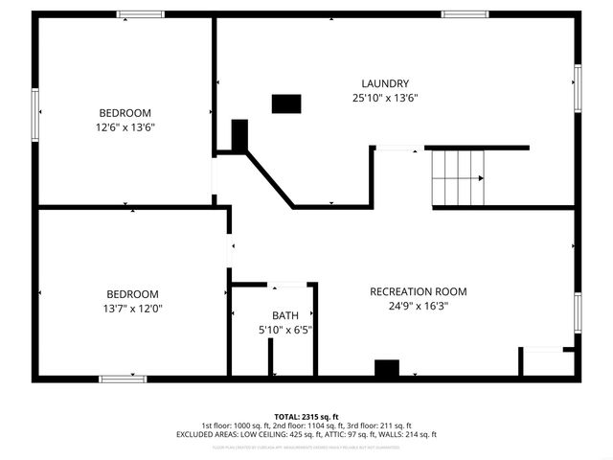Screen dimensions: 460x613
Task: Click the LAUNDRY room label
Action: [385, 82]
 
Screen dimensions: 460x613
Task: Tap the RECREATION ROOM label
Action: [419, 291]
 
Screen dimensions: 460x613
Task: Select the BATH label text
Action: [284, 315]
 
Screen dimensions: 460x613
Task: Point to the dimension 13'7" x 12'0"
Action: [132, 308]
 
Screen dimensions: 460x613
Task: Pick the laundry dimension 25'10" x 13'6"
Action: [385, 97]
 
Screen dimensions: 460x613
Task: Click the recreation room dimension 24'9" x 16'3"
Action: [419, 306]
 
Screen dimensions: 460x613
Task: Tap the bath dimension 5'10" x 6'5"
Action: [284, 330]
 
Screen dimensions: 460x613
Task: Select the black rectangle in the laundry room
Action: [285, 103]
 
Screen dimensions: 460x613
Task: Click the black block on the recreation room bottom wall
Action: [386, 369]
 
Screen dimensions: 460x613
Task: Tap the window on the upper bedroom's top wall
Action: [140, 14]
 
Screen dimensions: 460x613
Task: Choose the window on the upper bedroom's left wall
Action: [35, 113]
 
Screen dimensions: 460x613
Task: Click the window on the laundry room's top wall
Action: [465, 14]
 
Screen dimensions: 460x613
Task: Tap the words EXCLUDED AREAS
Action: [205, 434]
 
